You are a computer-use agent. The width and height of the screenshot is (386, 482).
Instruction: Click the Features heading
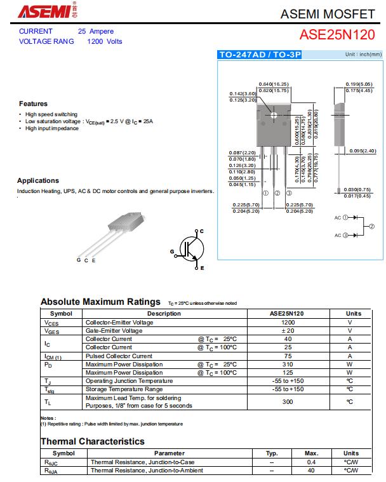tap(33, 104)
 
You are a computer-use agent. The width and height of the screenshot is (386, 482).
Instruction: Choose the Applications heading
tap(38, 180)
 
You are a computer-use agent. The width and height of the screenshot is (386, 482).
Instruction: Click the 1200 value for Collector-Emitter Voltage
tap(288, 322)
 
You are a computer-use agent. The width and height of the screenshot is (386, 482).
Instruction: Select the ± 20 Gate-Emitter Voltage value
tap(288, 331)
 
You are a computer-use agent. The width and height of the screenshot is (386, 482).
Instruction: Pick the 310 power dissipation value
tap(288, 364)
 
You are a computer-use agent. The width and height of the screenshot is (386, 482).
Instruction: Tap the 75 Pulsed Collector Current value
tap(288, 356)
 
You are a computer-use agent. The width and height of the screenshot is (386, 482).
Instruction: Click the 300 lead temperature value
tap(288, 402)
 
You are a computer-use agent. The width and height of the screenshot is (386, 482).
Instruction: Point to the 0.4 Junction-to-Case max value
tap(311, 462)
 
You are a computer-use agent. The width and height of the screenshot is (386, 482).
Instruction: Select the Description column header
tap(164, 314)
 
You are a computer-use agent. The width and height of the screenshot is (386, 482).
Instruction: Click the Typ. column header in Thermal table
tap(272, 453)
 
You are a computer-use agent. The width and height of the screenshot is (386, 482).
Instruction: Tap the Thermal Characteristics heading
tap(93, 441)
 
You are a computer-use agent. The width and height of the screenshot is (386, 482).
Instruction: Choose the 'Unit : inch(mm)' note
tap(363, 55)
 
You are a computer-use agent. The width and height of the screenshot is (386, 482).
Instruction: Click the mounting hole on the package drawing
tap(274, 115)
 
